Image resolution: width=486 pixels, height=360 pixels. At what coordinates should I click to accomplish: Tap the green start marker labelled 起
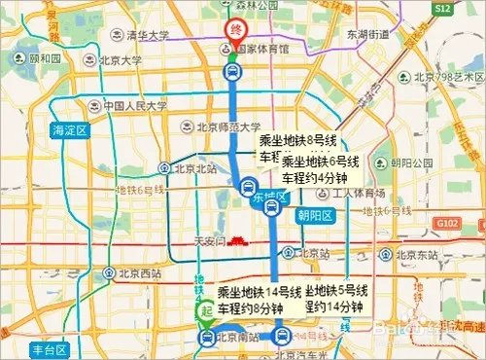tap(205, 310)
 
